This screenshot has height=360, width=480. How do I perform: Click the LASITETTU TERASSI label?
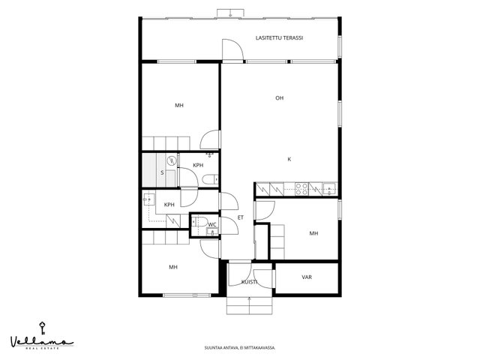(x=279, y=38)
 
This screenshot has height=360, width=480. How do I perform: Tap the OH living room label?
(x=279, y=98)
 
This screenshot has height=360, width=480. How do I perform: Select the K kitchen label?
(x=289, y=159)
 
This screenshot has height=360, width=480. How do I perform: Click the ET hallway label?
(x=241, y=217)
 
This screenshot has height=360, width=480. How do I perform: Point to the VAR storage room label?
(x=307, y=277)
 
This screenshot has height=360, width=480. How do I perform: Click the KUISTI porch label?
(x=249, y=282)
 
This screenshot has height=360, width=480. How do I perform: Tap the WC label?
(x=212, y=225)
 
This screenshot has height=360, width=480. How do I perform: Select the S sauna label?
(x=162, y=172)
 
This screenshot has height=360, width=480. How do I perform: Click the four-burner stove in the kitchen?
(x=301, y=189)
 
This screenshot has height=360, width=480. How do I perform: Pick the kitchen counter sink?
(x=329, y=189)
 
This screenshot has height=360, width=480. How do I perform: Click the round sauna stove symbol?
(x=172, y=160)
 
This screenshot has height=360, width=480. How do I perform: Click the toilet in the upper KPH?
(x=210, y=179)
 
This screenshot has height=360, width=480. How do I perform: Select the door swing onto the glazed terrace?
(x=232, y=49)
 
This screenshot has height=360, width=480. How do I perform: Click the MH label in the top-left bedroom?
(x=179, y=105)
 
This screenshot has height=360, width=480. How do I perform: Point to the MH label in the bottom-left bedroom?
(x=173, y=267)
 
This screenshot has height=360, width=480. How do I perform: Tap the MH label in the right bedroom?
(x=313, y=233)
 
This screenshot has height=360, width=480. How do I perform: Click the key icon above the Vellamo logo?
(x=42, y=328)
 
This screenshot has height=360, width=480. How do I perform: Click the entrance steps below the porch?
(x=249, y=305)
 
